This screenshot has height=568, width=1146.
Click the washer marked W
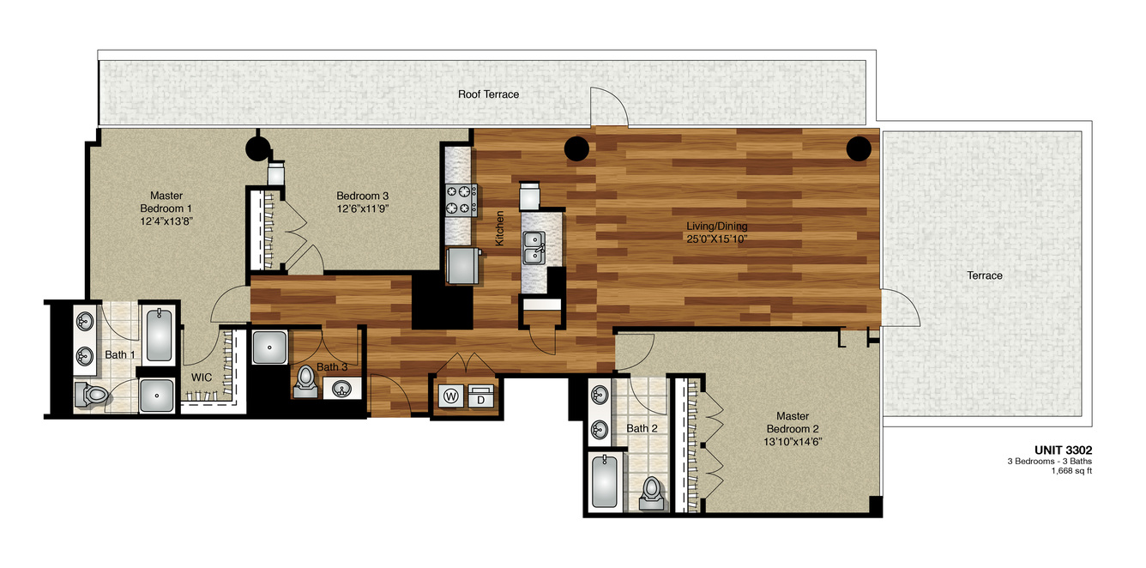point(450,396)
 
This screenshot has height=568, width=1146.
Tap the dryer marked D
point(481,396)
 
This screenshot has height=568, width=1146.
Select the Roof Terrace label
point(488,94)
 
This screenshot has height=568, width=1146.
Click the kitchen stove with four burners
point(461,200)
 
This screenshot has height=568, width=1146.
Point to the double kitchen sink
point(534,248)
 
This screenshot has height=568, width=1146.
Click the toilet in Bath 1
point(92,395)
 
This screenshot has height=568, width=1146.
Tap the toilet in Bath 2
point(651,493)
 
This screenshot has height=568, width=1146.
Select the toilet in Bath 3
point(305,382)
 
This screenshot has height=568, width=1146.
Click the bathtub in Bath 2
point(604,481)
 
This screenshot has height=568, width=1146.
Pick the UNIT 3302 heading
point(1063,450)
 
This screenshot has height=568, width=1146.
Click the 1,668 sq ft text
point(1071,471)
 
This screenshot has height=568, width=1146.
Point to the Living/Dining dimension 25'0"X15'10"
point(717,239)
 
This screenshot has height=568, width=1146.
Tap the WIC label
point(202,378)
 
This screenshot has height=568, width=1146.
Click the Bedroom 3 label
point(362,196)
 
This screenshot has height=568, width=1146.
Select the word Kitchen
point(500,228)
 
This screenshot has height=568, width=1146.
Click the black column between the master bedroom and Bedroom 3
point(258,148)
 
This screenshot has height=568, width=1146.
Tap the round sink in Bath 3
point(341,389)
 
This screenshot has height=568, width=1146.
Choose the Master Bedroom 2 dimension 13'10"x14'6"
point(793,442)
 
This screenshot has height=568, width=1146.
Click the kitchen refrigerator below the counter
point(463,266)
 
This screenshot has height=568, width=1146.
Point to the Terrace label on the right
point(985,275)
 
